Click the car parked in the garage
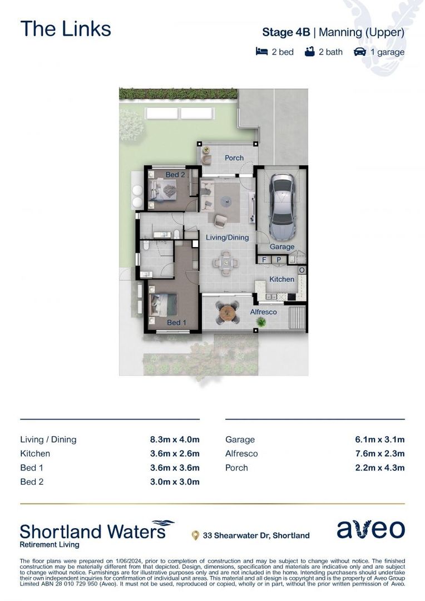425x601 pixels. tap(283, 208)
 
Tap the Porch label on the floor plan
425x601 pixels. tap(234, 157)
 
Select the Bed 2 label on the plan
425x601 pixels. tap(175, 174)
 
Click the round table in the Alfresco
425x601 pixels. tap(228, 312)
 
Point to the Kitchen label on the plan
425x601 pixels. tap(281, 279)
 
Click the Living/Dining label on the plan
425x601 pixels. tap(228, 237)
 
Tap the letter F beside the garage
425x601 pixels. tap(264, 259)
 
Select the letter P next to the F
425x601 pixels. tap(279, 259)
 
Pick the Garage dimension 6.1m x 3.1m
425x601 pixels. tap(379, 440)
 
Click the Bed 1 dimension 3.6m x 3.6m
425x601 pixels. tap(175, 467)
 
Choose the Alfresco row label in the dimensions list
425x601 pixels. tap(241, 454)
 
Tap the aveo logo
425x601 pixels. tap(370, 529)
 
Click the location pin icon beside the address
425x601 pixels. tap(195, 535)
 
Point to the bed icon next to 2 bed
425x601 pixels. tap(261, 51)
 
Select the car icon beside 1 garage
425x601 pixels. tap(360, 51)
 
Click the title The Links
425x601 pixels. tap(66, 29)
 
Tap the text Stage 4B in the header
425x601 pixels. tap(286, 32)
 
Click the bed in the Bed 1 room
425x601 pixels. tap(163, 305)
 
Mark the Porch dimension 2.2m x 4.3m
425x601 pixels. tap(379, 467)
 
